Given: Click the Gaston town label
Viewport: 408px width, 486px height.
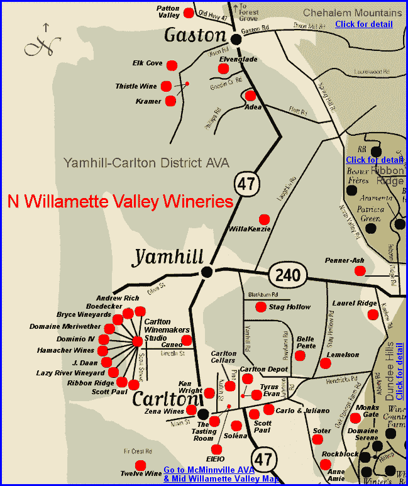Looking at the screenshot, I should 194,36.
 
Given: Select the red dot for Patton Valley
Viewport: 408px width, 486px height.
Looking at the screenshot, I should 189,13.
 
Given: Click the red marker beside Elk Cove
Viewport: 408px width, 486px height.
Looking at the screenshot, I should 174,64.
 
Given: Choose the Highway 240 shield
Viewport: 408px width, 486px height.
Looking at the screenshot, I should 288,274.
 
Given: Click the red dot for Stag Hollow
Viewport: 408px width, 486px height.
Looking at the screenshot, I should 261,307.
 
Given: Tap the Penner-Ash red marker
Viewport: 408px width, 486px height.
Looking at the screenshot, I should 360,271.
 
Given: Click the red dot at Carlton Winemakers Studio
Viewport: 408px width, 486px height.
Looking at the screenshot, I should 137,341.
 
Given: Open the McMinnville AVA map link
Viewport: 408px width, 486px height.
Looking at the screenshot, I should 221,474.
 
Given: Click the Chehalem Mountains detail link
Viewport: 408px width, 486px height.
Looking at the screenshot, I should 363,24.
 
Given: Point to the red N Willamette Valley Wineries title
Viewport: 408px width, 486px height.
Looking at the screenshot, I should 120,202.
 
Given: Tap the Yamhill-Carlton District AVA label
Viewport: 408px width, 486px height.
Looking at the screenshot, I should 146,163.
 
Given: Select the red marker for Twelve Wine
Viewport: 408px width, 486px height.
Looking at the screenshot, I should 141,465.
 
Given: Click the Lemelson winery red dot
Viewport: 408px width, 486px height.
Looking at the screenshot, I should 324,363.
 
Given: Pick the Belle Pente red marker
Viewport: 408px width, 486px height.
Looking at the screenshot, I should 300,355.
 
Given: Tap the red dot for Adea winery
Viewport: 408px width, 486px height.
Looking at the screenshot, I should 250,96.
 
